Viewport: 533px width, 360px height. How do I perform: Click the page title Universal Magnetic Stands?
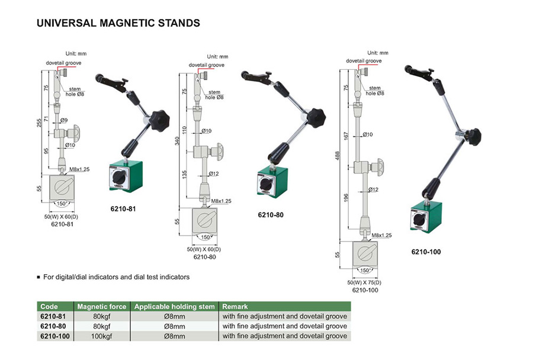118,24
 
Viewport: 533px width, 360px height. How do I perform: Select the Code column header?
49,307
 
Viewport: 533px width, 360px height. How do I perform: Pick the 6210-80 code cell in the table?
53,326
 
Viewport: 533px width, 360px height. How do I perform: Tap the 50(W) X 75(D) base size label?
364,283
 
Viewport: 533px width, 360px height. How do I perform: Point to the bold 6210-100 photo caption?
426,252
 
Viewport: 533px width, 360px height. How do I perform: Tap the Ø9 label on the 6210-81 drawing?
65,120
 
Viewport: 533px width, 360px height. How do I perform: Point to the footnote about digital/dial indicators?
115,277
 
